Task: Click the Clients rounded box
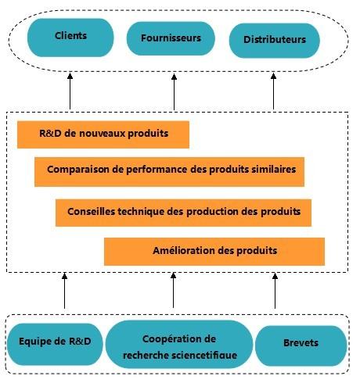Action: click(70, 38)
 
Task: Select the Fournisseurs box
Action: click(171, 38)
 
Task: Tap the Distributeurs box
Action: click(275, 41)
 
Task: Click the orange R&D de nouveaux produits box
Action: click(103, 134)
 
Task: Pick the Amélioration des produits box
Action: click(214, 252)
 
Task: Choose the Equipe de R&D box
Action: click(55, 344)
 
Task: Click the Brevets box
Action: click(301, 345)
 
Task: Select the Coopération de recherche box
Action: click(179, 344)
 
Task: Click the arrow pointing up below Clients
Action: click(70, 91)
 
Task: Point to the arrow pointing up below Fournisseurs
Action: click(175, 91)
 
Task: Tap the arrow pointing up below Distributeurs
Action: click(273, 91)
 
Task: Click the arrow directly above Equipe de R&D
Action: click(64, 291)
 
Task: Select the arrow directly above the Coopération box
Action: click(173, 290)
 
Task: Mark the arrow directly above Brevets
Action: click(275, 291)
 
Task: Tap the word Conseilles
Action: click(91, 211)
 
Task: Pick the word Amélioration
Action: click(184, 251)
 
